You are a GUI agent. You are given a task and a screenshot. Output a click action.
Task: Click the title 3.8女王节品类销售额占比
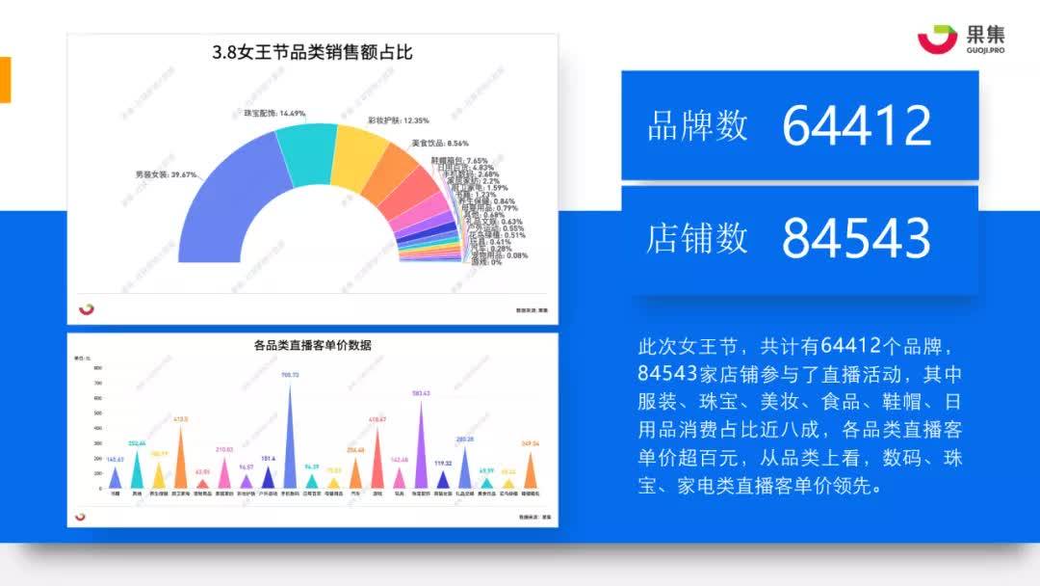click(x=312, y=53)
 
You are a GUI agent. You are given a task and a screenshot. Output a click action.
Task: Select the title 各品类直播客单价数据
click(x=312, y=345)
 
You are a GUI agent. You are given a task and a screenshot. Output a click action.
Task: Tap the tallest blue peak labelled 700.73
click(x=290, y=434)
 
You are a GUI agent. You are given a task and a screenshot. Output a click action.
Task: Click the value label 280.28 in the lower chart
click(x=465, y=439)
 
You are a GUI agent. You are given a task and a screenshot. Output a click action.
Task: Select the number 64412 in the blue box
click(x=856, y=125)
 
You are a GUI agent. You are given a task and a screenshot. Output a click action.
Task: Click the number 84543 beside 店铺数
click(x=856, y=239)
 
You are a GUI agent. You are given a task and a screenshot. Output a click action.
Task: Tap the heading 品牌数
click(x=697, y=126)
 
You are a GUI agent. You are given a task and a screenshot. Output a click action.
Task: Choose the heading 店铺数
click(x=697, y=239)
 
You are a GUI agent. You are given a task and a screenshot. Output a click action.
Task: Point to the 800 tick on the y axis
click(x=97, y=368)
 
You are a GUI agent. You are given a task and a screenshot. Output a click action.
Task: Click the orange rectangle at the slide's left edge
click(x=5, y=79)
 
